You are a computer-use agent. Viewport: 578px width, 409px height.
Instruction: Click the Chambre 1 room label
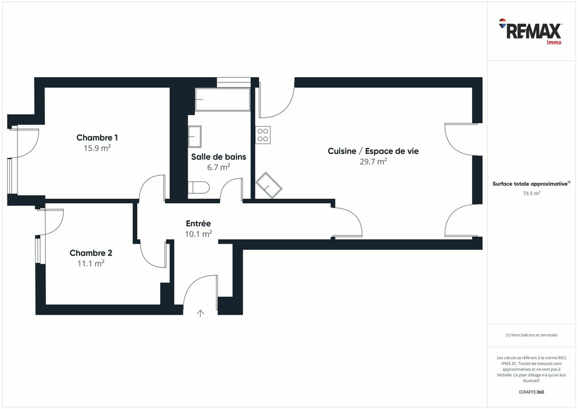(97, 138)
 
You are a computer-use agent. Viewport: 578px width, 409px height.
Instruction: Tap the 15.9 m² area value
(97, 148)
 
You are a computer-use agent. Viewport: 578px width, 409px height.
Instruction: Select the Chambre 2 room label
(91, 253)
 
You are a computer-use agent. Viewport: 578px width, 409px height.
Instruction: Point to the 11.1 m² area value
(91, 264)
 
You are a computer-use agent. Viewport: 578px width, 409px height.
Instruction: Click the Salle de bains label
(219, 157)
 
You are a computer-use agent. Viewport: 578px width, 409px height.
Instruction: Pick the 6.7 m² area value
(219, 167)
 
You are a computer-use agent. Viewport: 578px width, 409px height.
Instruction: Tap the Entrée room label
(198, 223)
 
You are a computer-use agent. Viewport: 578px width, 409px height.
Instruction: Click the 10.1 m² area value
(198, 234)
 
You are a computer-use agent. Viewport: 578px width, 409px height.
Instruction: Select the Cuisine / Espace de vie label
(373, 151)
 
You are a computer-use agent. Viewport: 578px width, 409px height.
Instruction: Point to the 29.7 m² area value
(373, 162)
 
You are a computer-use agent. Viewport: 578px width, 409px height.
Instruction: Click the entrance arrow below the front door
(200, 314)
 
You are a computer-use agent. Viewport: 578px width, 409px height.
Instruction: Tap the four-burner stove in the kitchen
(263, 135)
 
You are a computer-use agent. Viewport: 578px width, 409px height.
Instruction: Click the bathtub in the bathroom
(222, 100)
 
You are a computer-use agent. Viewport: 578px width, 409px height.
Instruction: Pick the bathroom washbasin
(195, 137)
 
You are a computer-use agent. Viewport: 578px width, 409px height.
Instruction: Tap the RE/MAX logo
(530, 31)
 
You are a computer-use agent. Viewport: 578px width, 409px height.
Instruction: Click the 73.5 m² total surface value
(531, 193)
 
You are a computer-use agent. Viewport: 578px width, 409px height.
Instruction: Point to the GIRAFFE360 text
(531, 391)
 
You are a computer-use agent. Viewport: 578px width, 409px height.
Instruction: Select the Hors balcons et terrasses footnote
(531, 335)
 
